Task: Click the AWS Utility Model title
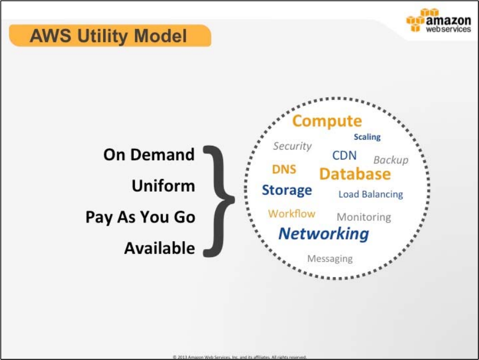(x=108, y=36)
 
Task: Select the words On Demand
(x=149, y=155)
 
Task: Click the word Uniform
(x=163, y=186)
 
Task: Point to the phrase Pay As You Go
(x=140, y=217)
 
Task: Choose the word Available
(x=159, y=248)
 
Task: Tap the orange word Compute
(x=327, y=121)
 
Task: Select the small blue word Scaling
(x=367, y=137)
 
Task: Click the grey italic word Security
(x=292, y=146)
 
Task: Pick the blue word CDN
(x=344, y=156)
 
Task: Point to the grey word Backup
(x=391, y=160)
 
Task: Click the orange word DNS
(x=284, y=170)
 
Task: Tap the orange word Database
(x=355, y=174)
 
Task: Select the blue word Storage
(x=286, y=190)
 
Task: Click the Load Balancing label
(x=370, y=194)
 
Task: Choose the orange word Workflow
(x=291, y=214)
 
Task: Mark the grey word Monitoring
(x=364, y=217)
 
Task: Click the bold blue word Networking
(x=323, y=234)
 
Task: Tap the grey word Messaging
(x=329, y=258)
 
